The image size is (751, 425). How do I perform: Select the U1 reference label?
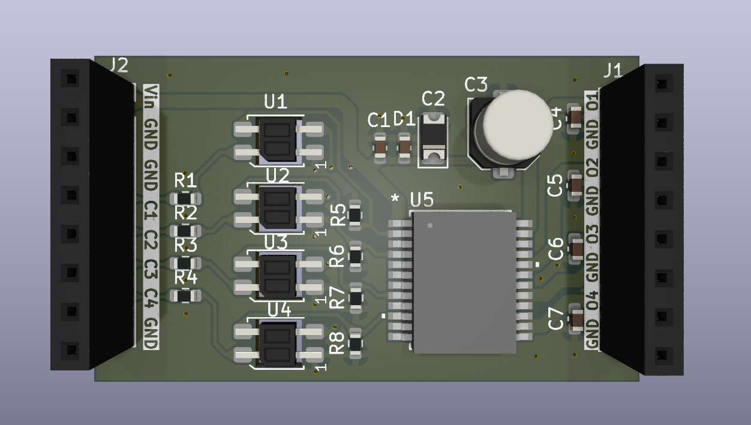(x=276, y=102)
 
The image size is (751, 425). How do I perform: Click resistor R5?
(x=355, y=215)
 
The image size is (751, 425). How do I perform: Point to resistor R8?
(x=355, y=343)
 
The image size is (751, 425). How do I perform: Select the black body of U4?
(x=277, y=344)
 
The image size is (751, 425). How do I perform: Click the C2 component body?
(x=433, y=140)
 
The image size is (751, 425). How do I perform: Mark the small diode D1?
(x=404, y=147)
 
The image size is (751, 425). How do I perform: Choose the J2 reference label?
(x=118, y=65)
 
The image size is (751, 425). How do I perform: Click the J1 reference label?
(x=612, y=71)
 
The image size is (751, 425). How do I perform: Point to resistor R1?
(x=185, y=198)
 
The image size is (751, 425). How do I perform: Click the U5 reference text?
(x=422, y=200)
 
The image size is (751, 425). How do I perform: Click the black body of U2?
(x=277, y=207)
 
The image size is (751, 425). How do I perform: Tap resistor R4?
(x=185, y=296)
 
